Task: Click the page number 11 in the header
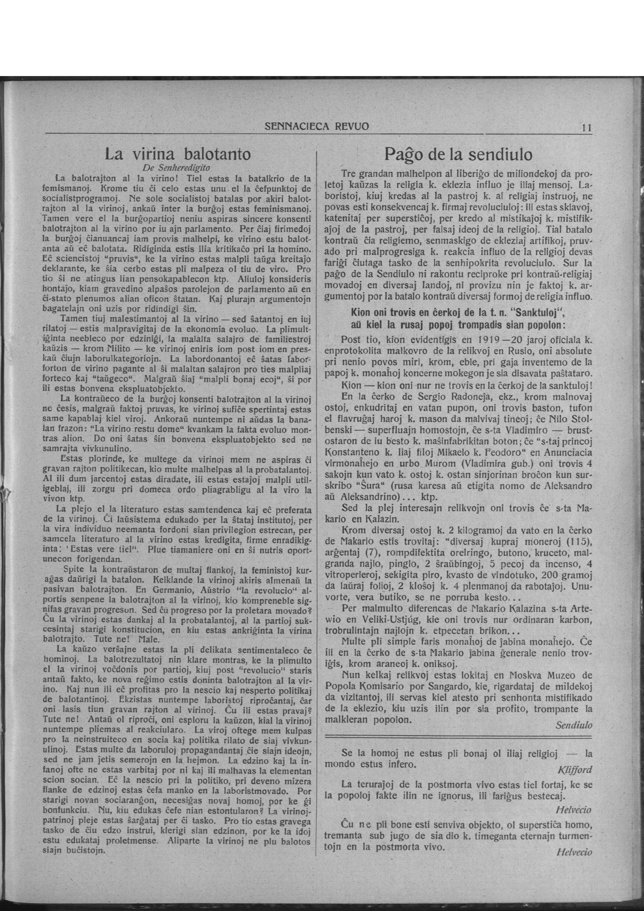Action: point(586,128)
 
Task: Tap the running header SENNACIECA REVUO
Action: point(317,127)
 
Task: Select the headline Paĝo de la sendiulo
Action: point(458,154)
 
